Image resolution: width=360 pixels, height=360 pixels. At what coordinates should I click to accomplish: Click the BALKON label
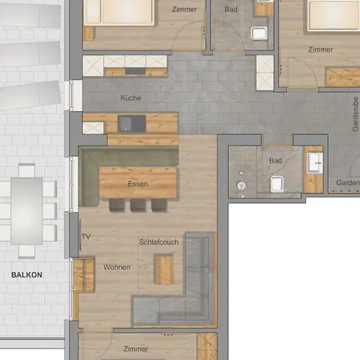[26, 275]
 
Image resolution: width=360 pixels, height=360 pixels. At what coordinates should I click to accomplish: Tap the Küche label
[130, 98]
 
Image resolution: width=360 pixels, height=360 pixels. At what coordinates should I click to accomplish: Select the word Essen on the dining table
[138, 184]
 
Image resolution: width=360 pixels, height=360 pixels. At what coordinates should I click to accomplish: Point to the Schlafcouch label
[158, 242]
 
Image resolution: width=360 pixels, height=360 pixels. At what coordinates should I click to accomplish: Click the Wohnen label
[117, 267]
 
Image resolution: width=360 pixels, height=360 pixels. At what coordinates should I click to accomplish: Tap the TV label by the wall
[86, 237]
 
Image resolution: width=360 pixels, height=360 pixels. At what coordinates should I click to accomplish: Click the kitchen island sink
[132, 123]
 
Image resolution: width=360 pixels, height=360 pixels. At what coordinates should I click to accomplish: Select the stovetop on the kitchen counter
[135, 71]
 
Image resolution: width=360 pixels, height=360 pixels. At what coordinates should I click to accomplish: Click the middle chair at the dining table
[138, 205]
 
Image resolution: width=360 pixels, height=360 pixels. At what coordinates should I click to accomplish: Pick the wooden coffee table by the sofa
[164, 270]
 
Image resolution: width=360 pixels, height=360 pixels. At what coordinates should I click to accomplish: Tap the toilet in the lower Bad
[277, 184]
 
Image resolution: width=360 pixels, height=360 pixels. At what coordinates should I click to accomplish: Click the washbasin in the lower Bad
[314, 162]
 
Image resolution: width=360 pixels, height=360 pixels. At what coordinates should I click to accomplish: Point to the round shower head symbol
[242, 186]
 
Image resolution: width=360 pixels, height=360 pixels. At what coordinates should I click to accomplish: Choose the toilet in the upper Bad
[259, 34]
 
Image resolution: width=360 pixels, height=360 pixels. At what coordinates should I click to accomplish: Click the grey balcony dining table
[26, 210]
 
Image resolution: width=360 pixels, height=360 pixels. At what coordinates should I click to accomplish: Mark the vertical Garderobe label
[355, 114]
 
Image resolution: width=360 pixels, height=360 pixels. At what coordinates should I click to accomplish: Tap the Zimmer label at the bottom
[136, 349]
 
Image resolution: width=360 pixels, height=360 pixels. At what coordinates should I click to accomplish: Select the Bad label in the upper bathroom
[231, 10]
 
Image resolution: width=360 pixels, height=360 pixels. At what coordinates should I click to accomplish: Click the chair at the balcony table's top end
[26, 170]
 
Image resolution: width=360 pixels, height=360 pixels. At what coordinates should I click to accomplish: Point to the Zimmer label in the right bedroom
[321, 50]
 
